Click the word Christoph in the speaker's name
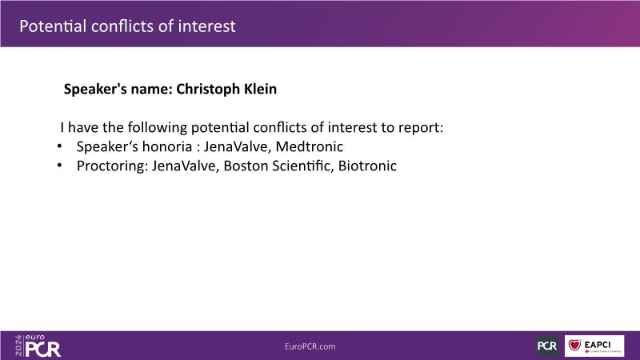[x=208, y=90]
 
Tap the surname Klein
[x=261, y=89]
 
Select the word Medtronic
[x=310, y=146]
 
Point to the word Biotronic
[x=367, y=166]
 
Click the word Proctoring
[x=112, y=166]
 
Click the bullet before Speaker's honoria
[x=59, y=146]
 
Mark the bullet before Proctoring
[x=59, y=166]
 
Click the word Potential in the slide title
[x=53, y=26]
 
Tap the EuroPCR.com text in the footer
[x=310, y=346]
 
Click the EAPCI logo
[x=594, y=346]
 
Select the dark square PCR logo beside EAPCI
[x=547, y=346]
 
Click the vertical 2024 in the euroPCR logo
[x=18, y=346]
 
